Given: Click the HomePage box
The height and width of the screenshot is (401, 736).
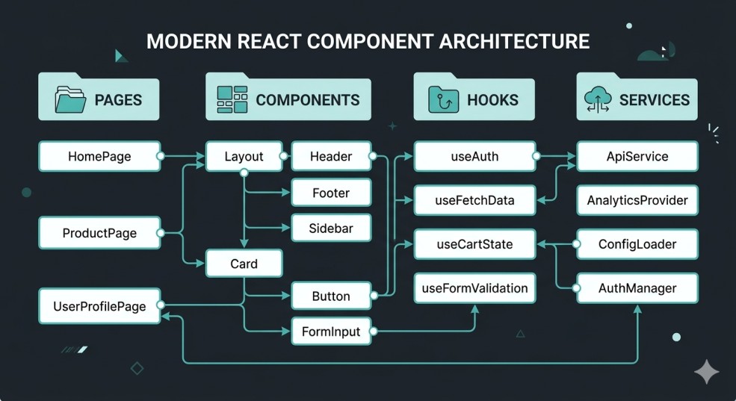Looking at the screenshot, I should (x=99, y=157).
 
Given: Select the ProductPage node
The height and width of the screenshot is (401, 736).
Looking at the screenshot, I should (x=99, y=233).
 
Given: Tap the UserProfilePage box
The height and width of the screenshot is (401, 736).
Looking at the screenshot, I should (x=99, y=306).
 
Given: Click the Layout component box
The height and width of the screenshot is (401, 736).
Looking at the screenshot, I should (x=244, y=157).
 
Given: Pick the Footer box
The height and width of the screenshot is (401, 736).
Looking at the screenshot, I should (x=331, y=193).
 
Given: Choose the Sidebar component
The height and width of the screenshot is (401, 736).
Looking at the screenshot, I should (x=331, y=228).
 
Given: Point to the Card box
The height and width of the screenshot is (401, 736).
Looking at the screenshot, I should (x=244, y=264).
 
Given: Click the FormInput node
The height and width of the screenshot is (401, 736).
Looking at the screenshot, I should (x=331, y=331).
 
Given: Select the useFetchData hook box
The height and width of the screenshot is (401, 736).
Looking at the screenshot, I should (x=474, y=200).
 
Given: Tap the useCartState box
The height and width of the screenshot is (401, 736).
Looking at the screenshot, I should (x=474, y=244).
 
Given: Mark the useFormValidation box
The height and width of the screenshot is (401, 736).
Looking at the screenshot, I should (x=474, y=288).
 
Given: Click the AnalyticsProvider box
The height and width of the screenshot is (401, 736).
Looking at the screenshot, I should (x=637, y=200).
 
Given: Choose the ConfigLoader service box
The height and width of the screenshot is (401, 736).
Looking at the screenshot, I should (x=637, y=244).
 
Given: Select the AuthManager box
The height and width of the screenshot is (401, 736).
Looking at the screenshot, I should (x=637, y=288).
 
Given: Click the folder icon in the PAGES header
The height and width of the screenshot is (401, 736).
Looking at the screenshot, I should (x=71, y=99).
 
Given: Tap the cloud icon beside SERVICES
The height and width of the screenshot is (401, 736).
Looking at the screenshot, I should (x=600, y=99).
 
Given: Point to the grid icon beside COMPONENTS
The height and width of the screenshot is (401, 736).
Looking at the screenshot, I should (x=232, y=99).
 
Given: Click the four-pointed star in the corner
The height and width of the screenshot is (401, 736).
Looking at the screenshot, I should (x=706, y=371).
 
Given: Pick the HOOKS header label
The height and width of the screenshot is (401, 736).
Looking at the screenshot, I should (x=492, y=100).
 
